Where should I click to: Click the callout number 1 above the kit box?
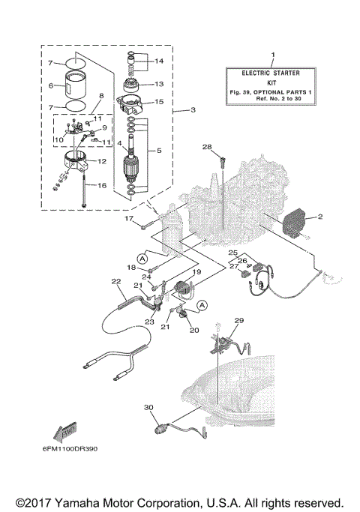[273, 55]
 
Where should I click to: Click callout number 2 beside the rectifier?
[319, 217]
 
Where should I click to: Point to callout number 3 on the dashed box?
[193, 110]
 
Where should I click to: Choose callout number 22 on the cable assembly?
[115, 282]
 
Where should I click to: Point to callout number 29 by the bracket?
[238, 321]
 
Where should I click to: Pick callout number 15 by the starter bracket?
[158, 101]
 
